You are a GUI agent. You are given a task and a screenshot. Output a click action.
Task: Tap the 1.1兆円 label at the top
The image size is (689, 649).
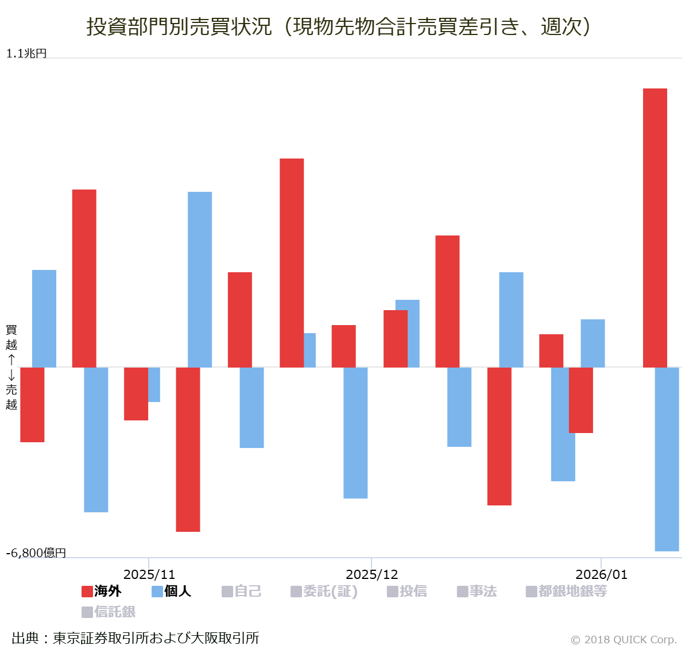(26, 53)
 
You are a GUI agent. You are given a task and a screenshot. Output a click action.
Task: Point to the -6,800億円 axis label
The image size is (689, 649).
(36, 553)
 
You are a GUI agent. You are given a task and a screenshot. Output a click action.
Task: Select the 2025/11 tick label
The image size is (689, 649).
(149, 574)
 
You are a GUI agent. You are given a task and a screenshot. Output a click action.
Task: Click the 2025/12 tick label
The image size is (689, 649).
(371, 574)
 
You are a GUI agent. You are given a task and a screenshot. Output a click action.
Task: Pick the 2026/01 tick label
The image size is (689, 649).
(601, 574)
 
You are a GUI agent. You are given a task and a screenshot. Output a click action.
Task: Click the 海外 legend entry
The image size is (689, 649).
(102, 591)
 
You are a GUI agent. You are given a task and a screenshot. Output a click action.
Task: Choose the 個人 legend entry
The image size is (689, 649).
(171, 591)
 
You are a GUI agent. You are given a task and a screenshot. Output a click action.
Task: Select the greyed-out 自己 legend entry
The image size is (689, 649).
(242, 591)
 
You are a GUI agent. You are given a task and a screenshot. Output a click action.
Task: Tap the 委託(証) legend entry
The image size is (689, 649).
(324, 591)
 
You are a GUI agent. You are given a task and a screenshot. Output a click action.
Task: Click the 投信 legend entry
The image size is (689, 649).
(407, 591)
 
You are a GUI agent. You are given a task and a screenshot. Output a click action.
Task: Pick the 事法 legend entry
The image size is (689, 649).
(477, 591)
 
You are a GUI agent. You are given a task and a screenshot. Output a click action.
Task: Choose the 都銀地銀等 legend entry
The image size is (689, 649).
(567, 591)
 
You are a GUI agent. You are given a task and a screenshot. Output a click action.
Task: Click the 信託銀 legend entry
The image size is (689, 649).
(109, 612)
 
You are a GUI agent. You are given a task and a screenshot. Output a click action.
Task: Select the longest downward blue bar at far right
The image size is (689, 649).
(667, 459)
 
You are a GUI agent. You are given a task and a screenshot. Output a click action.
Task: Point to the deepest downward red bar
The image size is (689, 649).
(188, 449)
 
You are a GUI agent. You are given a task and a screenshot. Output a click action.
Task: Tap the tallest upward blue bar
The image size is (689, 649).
(200, 279)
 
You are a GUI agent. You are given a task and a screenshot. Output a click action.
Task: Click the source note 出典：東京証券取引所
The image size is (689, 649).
(136, 638)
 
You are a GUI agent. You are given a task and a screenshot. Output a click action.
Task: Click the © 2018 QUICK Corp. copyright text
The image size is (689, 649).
(624, 639)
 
